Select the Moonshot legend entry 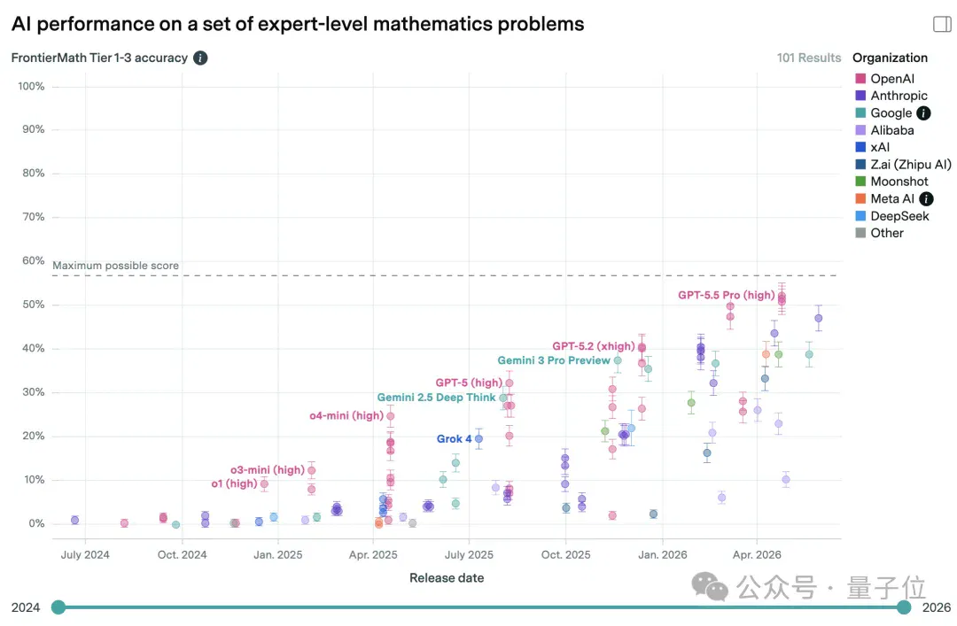point(891,182)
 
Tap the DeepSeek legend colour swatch point(860,216)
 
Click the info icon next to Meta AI point(926,199)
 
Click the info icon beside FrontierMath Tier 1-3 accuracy point(200,58)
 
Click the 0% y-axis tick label point(36,523)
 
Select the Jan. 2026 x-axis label point(662,554)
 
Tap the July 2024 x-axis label point(85,554)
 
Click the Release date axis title point(446,578)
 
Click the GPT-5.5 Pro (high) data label point(727,296)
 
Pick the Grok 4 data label point(454,438)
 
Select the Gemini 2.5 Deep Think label point(436,398)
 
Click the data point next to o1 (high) point(264,483)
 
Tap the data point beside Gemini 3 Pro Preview point(618,360)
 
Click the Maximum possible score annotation point(115,266)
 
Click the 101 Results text point(809,58)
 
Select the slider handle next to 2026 point(904,607)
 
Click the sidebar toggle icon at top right point(942,24)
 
